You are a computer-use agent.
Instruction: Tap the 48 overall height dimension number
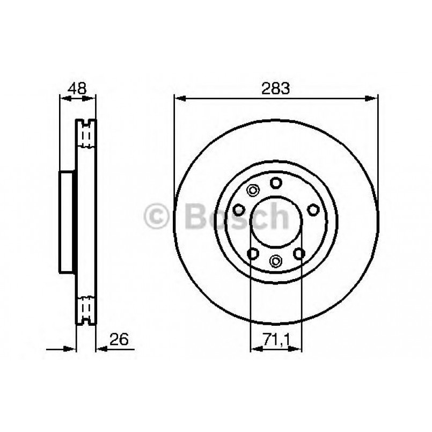click(x=77, y=88)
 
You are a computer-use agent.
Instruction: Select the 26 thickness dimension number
click(x=119, y=339)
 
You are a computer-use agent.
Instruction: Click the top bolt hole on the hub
click(x=276, y=183)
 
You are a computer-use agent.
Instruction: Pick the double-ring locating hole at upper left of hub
click(x=252, y=190)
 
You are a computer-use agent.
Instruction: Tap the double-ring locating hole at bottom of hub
click(x=276, y=261)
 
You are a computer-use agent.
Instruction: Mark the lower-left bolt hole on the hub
click(x=252, y=252)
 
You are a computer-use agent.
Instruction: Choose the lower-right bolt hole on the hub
click(x=299, y=252)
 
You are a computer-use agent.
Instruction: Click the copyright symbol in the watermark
click(x=158, y=216)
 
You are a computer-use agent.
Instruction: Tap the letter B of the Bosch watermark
click(x=196, y=216)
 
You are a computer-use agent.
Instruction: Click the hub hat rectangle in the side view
click(x=67, y=222)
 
